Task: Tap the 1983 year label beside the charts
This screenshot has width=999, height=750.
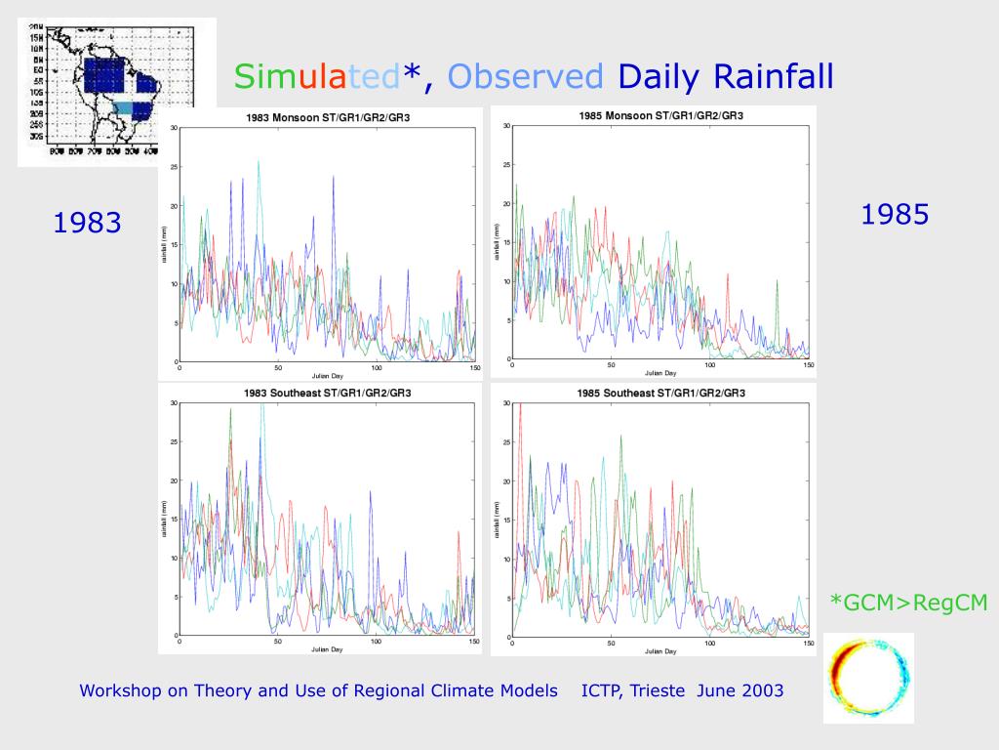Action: click(x=87, y=223)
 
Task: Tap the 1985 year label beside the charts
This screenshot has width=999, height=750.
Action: click(x=894, y=214)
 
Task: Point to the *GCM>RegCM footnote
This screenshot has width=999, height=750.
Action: click(x=908, y=604)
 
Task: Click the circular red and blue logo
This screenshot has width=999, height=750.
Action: click(x=867, y=678)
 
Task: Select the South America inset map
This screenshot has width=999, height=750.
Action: click(x=116, y=92)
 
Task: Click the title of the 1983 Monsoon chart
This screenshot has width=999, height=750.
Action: click(x=321, y=118)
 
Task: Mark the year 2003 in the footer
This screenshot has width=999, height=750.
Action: click(x=762, y=690)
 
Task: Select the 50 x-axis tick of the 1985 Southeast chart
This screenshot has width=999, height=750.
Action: click(x=611, y=645)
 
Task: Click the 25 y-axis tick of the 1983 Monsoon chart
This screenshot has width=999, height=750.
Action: click(x=174, y=167)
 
